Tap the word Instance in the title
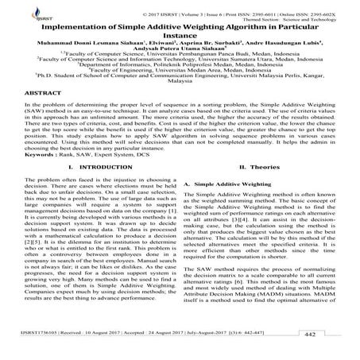click(180, 36)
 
